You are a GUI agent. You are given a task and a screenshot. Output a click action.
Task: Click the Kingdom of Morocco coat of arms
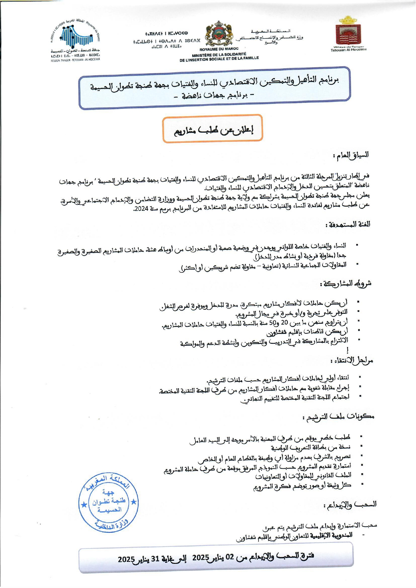219,34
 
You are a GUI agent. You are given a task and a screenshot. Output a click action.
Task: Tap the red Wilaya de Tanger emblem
348,34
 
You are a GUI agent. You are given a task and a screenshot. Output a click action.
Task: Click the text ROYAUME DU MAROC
219,49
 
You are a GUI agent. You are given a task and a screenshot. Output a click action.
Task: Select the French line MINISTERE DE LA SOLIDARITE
219,54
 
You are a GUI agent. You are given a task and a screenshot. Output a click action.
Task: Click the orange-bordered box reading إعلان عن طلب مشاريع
213,129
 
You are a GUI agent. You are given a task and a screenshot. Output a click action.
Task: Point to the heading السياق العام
351,155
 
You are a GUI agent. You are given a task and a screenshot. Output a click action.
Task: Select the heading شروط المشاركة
346,283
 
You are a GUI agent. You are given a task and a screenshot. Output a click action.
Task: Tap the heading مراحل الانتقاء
351,361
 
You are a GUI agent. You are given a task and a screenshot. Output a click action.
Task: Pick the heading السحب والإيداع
350,504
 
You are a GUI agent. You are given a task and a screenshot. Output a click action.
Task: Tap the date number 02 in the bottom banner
230,558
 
